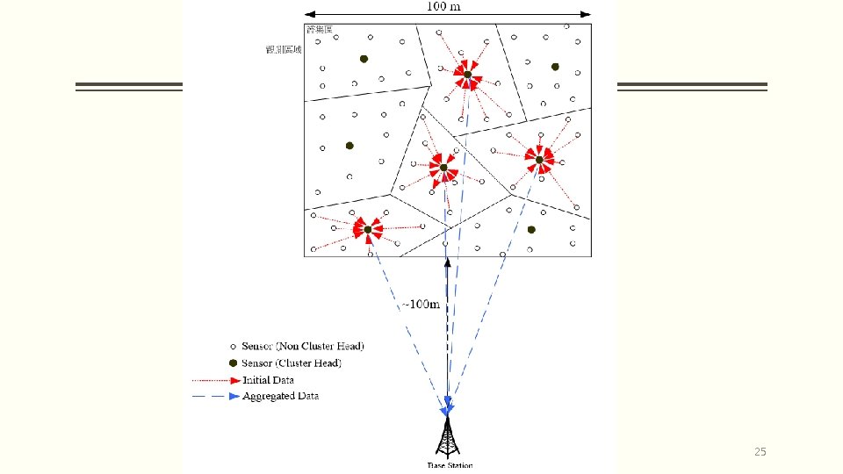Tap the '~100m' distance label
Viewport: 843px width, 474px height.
421,305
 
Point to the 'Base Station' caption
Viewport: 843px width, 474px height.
449,464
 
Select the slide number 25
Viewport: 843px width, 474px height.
760,452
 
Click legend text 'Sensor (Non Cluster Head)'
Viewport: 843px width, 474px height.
302,346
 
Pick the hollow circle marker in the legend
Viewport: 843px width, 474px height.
233,346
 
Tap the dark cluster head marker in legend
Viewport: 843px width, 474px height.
233,363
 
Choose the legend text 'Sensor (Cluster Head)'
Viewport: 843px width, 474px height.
292,363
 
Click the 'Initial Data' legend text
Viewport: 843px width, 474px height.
268,380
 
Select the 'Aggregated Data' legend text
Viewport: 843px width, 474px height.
280,397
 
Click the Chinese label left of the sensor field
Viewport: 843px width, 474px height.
284,50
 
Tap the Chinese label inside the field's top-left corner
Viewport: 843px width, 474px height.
319,31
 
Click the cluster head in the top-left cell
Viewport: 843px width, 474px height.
363,59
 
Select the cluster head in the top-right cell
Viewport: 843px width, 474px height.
555,67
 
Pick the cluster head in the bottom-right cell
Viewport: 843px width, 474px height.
531,230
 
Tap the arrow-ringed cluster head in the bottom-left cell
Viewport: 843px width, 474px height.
368,230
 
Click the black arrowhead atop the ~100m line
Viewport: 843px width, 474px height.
447,262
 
